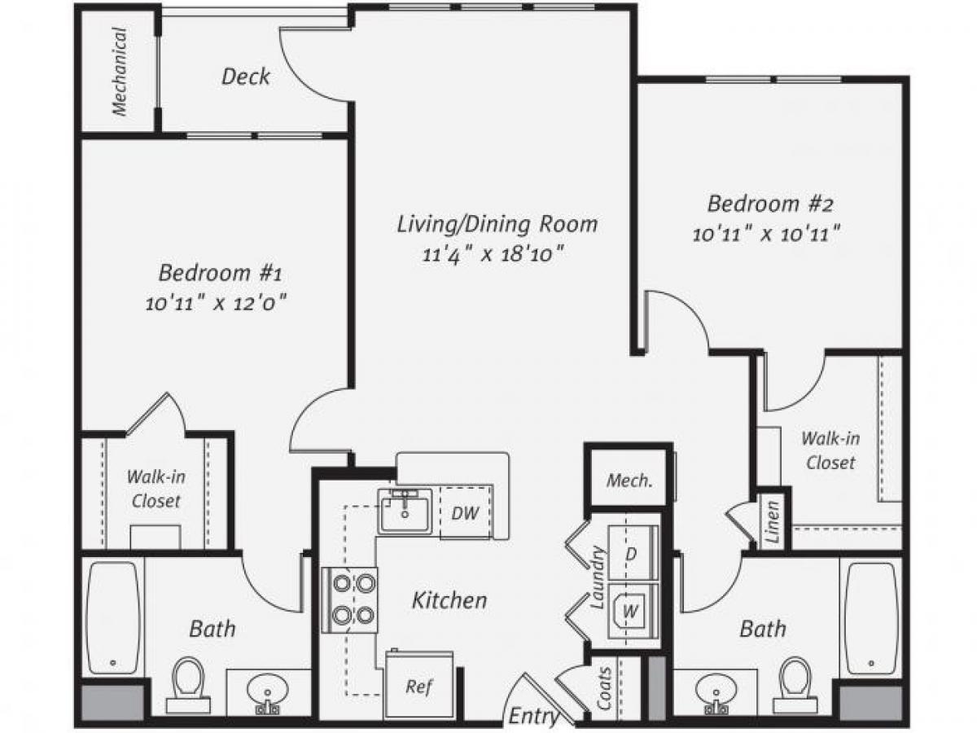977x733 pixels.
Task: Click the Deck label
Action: pyautogui.click(x=246, y=77)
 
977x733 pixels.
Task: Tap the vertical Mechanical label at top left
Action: pyautogui.click(x=120, y=72)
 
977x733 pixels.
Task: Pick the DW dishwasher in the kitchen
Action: pyautogui.click(x=465, y=513)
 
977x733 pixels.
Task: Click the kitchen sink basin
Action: pyautogui.click(x=405, y=511)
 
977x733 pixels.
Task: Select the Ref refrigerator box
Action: pyautogui.click(x=418, y=686)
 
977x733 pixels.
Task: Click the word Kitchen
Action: pyautogui.click(x=449, y=601)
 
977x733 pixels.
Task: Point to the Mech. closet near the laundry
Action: pyautogui.click(x=629, y=480)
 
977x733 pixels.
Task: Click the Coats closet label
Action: pyautogui.click(x=603, y=688)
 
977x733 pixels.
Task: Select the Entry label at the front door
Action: pyautogui.click(x=534, y=718)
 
